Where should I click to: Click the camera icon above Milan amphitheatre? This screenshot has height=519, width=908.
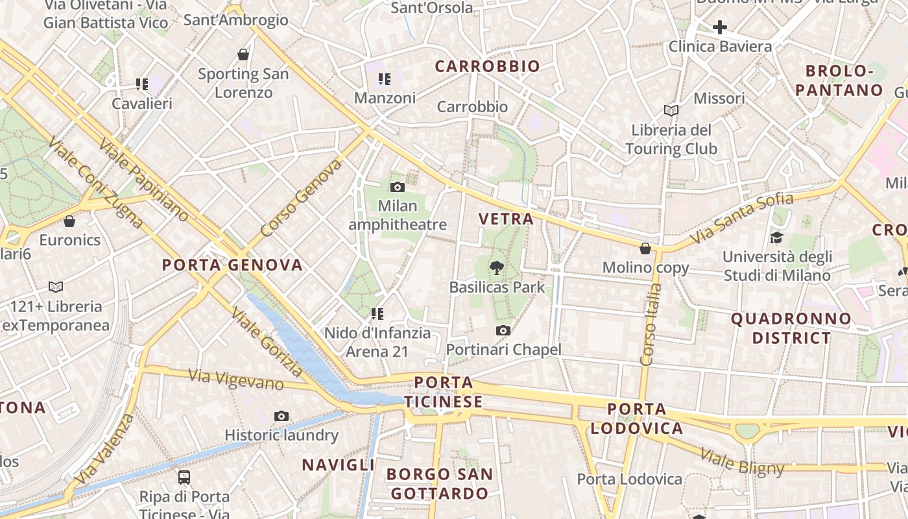point(398,187)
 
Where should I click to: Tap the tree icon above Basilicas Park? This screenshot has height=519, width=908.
point(497,267)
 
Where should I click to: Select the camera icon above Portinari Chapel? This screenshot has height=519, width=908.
point(503,331)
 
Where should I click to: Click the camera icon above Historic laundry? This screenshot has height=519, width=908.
point(281,416)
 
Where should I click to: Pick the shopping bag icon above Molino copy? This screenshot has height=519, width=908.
point(645,248)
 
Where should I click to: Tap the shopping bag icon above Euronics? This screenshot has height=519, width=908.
point(69,221)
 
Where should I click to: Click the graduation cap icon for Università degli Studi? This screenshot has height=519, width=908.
point(776,238)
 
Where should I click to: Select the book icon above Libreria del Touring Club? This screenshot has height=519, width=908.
point(671,111)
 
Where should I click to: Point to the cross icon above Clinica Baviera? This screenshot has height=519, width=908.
point(719,27)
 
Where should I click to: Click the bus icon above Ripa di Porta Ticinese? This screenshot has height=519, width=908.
point(184,477)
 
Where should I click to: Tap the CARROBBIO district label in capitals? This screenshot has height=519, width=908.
point(487,66)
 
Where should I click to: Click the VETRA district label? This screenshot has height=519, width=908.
point(506,219)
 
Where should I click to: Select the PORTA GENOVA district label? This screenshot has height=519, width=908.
point(232,265)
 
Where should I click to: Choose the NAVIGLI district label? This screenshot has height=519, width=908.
point(338,465)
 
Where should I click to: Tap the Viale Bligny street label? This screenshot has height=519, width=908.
point(743,462)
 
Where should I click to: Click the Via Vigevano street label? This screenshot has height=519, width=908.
point(236,380)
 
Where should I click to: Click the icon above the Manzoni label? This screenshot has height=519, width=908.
point(385,80)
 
